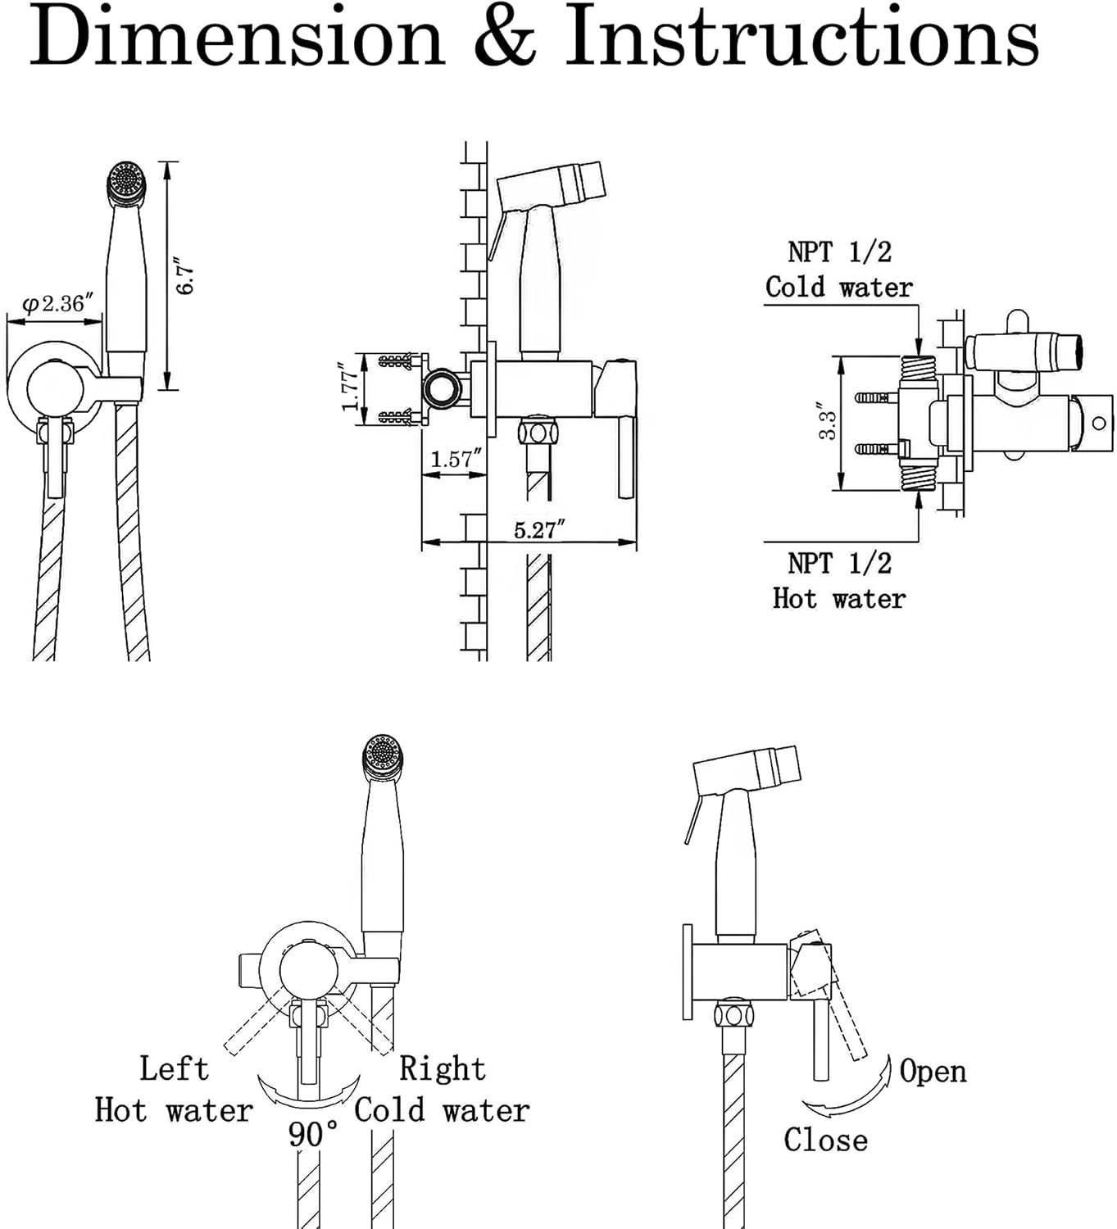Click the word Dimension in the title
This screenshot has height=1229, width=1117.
tap(237, 37)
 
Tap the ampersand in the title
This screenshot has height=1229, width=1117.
tap(505, 37)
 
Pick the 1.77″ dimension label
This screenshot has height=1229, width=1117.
tap(349, 387)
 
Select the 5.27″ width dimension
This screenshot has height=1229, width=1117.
tap(539, 529)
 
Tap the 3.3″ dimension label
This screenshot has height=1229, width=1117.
tap(828, 421)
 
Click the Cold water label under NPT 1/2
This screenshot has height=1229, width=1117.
tap(838, 287)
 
